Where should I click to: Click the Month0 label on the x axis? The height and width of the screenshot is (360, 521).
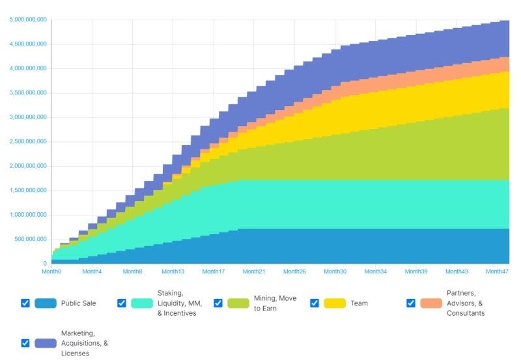pyautogui.click(x=51, y=271)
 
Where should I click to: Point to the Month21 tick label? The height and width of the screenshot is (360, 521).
pyautogui.click(x=253, y=271)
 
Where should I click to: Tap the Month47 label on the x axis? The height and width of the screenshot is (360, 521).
pyautogui.click(x=496, y=271)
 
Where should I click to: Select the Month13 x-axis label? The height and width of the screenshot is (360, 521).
pyautogui.click(x=173, y=271)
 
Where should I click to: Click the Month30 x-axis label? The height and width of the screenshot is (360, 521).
pyautogui.click(x=335, y=271)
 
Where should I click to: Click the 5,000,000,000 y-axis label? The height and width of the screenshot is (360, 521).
pyautogui.click(x=28, y=20)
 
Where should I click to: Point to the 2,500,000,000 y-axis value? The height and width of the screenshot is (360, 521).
pyautogui.click(x=28, y=141)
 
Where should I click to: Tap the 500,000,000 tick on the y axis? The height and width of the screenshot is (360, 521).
pyautogui.click(x=31, y=239)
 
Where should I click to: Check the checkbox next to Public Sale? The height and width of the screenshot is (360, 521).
pyautogui.click(x=25, y=303)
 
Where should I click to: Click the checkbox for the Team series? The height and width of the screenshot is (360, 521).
pyautogui.click(x=315, y=303)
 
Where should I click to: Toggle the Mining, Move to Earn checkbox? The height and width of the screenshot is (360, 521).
pyautogui.click(x=218, y=303)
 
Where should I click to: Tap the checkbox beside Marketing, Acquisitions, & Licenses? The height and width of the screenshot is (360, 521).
pyautogui.click(x=25, y=342)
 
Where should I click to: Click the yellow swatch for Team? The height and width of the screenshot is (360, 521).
pyautogui.click(x=335, y=303)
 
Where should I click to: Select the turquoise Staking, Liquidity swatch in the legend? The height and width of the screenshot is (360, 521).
pyautogui.click(x=142, y=303)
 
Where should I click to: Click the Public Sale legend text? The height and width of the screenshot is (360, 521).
pyautogui.click(x=78, y=303)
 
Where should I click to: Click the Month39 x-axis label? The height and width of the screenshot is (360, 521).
pyautogui.click(x=415, y=271)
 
